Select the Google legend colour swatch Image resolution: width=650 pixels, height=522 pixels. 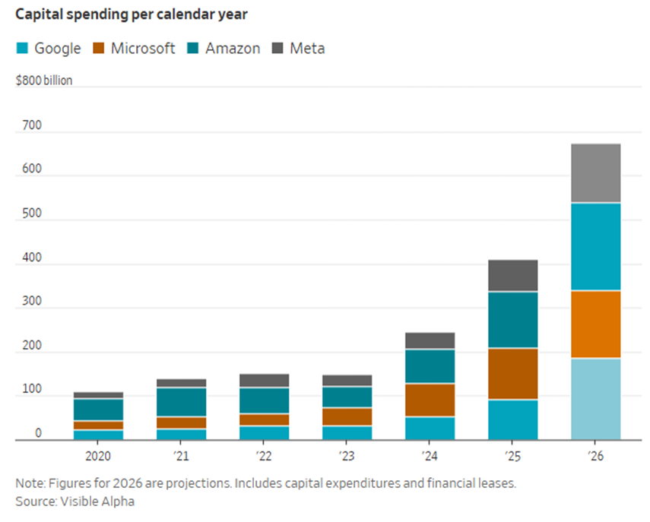coord(21,49)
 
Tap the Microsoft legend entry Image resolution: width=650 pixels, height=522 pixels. coord(134,49)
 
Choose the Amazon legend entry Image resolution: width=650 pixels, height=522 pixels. coord(225,49)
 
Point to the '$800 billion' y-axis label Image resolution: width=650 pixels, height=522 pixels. coord(43,80)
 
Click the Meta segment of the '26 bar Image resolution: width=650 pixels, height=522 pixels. coord(595,173)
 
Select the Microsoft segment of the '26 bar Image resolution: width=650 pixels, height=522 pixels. coord(595,324)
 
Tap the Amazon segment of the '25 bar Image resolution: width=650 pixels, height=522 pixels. coord(512,320)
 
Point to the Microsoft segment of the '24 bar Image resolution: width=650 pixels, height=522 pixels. coord(430,400)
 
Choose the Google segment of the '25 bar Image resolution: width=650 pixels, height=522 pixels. coord(512,419)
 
